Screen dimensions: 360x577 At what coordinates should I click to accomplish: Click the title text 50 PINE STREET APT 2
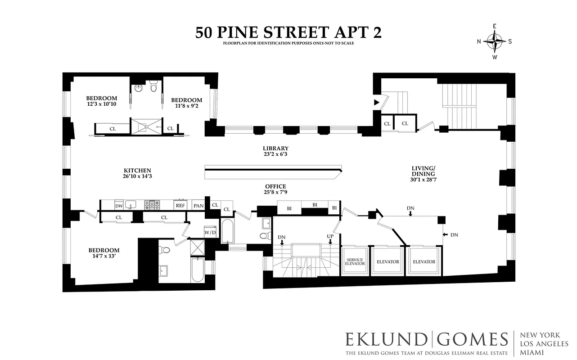pos(288,32)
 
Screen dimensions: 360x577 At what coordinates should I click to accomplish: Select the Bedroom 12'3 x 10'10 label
pos(101,101)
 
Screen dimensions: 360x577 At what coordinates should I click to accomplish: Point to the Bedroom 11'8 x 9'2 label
pos(186,103)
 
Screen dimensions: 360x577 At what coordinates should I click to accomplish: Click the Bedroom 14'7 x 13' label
pos(104,253)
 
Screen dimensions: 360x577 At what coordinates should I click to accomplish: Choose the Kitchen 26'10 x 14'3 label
pos(137,174)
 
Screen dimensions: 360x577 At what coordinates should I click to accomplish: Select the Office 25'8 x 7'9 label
pos(275,189)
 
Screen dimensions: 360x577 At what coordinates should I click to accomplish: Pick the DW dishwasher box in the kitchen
pos(119,206)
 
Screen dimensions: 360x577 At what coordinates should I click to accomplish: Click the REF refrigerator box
pos(180,206)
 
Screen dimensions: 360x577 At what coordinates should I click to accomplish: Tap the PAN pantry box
pos(198,206)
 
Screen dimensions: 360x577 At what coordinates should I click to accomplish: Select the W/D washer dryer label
pos(210,233)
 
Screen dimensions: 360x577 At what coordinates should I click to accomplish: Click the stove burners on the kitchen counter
pos(152,205)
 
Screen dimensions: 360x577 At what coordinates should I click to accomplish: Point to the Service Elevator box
pos(355,262)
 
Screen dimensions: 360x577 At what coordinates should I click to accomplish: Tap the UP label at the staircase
pos(330,236)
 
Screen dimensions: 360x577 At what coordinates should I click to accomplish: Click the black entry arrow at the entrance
pos(377,103)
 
